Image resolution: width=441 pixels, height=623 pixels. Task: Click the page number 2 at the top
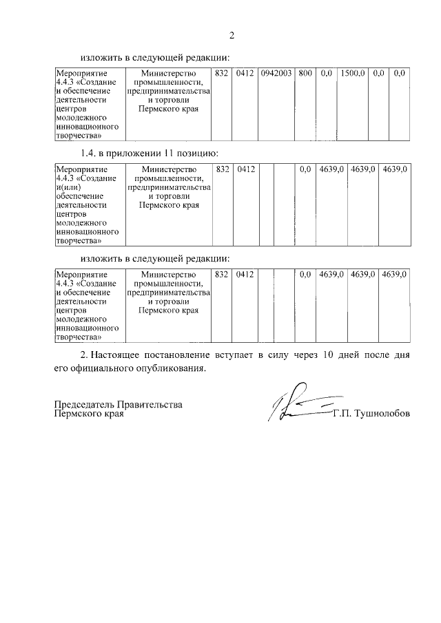[232, 35]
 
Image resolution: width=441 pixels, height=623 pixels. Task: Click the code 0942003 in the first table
[276, 73]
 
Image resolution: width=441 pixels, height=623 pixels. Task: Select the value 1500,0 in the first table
[352, 73]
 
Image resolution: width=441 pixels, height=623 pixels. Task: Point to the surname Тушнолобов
[380, 414]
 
